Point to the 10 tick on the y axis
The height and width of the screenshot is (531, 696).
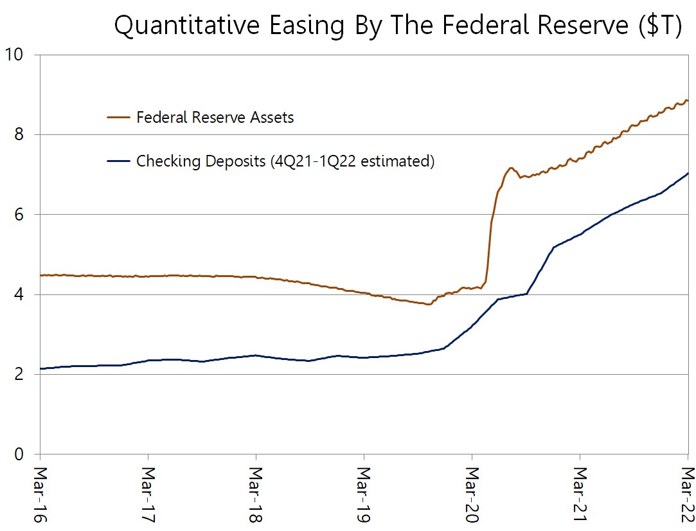[x=13, y=55]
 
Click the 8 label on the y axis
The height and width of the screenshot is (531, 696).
[x=19, y=134]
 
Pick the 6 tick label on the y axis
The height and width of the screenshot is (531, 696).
[x=19, y=214]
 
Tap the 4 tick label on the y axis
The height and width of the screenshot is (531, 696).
[x=19, y=294]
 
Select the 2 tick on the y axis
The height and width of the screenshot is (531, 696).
[x=19, y=374]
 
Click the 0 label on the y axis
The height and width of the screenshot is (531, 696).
[x=19, y=454]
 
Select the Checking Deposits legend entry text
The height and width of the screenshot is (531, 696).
[x=285, y=161]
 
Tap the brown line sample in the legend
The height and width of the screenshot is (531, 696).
[x=118, y=118]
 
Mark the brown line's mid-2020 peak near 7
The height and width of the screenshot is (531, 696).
[x=511, y=168]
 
